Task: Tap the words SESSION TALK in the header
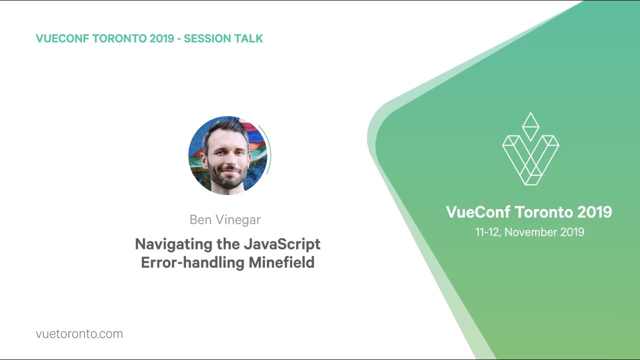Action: [223, 38]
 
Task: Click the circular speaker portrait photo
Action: [227, 155]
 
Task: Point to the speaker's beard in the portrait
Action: [227, 177]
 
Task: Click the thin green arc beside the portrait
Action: [268, 150]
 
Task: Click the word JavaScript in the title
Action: [282, 244]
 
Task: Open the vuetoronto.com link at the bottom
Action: [79, 334]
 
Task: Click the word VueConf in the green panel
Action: [477, 212]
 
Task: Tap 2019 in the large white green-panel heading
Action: [594, 212]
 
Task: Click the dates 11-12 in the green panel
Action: [488, 232]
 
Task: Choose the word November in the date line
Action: [531, 232]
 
